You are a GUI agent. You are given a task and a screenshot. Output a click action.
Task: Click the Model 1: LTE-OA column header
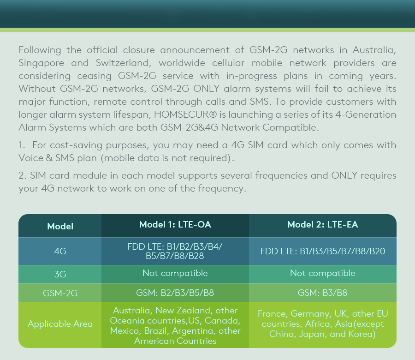click(x=175, y=225)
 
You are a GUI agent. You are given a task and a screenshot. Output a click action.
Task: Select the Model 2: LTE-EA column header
click(x=323, y=225)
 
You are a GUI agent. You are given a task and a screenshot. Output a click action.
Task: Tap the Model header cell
click(x=60, y=227)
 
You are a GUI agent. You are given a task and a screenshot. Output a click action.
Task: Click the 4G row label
click(x=60, y=252)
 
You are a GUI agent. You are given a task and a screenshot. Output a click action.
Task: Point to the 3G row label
click(x=60, y=275)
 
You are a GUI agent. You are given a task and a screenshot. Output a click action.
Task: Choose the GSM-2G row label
click(x=60, y=293)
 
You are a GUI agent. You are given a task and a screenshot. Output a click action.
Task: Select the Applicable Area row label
click(x=60, y=324)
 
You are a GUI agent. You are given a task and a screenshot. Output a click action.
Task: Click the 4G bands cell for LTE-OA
click(x=175, y=251)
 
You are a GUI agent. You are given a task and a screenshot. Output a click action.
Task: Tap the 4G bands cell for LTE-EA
click(x=323, y=252)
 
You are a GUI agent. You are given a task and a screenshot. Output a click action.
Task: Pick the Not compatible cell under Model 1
click(x=175, y=273)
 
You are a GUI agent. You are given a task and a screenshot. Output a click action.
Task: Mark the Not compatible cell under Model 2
click(x=323, y=273)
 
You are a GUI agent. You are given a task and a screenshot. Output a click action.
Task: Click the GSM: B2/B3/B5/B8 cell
click(x=175, y=293)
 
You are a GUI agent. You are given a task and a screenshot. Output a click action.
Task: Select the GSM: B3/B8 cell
click(x=323, y=293)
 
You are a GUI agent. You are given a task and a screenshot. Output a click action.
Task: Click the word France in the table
click(x=272, y=314)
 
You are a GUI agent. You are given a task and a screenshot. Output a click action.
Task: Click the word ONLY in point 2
click(x=344, y=176)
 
